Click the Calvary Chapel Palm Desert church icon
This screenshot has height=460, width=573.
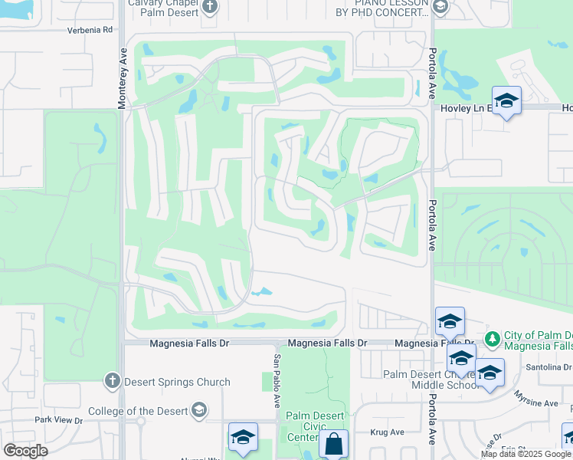pyautogui.click(x=211, y=7)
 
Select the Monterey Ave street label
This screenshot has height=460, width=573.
pyautogui.click(x=122, y=77)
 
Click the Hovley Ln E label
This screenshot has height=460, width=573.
pyautogui.click(x=463, y=108)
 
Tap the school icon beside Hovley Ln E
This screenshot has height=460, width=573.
pyautogui.click(x=506, y=101)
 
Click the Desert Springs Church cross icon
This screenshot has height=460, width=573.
pyautogui.click(x=112, y=381)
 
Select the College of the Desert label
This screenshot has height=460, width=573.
pyautogui.click(x=138, y=411)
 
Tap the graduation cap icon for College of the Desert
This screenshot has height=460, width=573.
pyautogui.click(x=200, y=411)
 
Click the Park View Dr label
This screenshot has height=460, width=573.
pyautogui.click(x=58, y=420)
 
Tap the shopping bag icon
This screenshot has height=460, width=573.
pyautogui.click(x=333, y=444)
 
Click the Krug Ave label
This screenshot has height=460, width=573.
pyautogui.click(x=387, y=432)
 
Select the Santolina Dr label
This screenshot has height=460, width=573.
pyautogui.click(x=545, y=368)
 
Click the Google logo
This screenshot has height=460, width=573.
pyautogui.click(x=25, y=451)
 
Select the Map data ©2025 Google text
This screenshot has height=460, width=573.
pyautogui.click(x=526, y=454)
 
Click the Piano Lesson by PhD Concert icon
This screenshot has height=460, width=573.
pyautogui.click(x=440, y=7)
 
